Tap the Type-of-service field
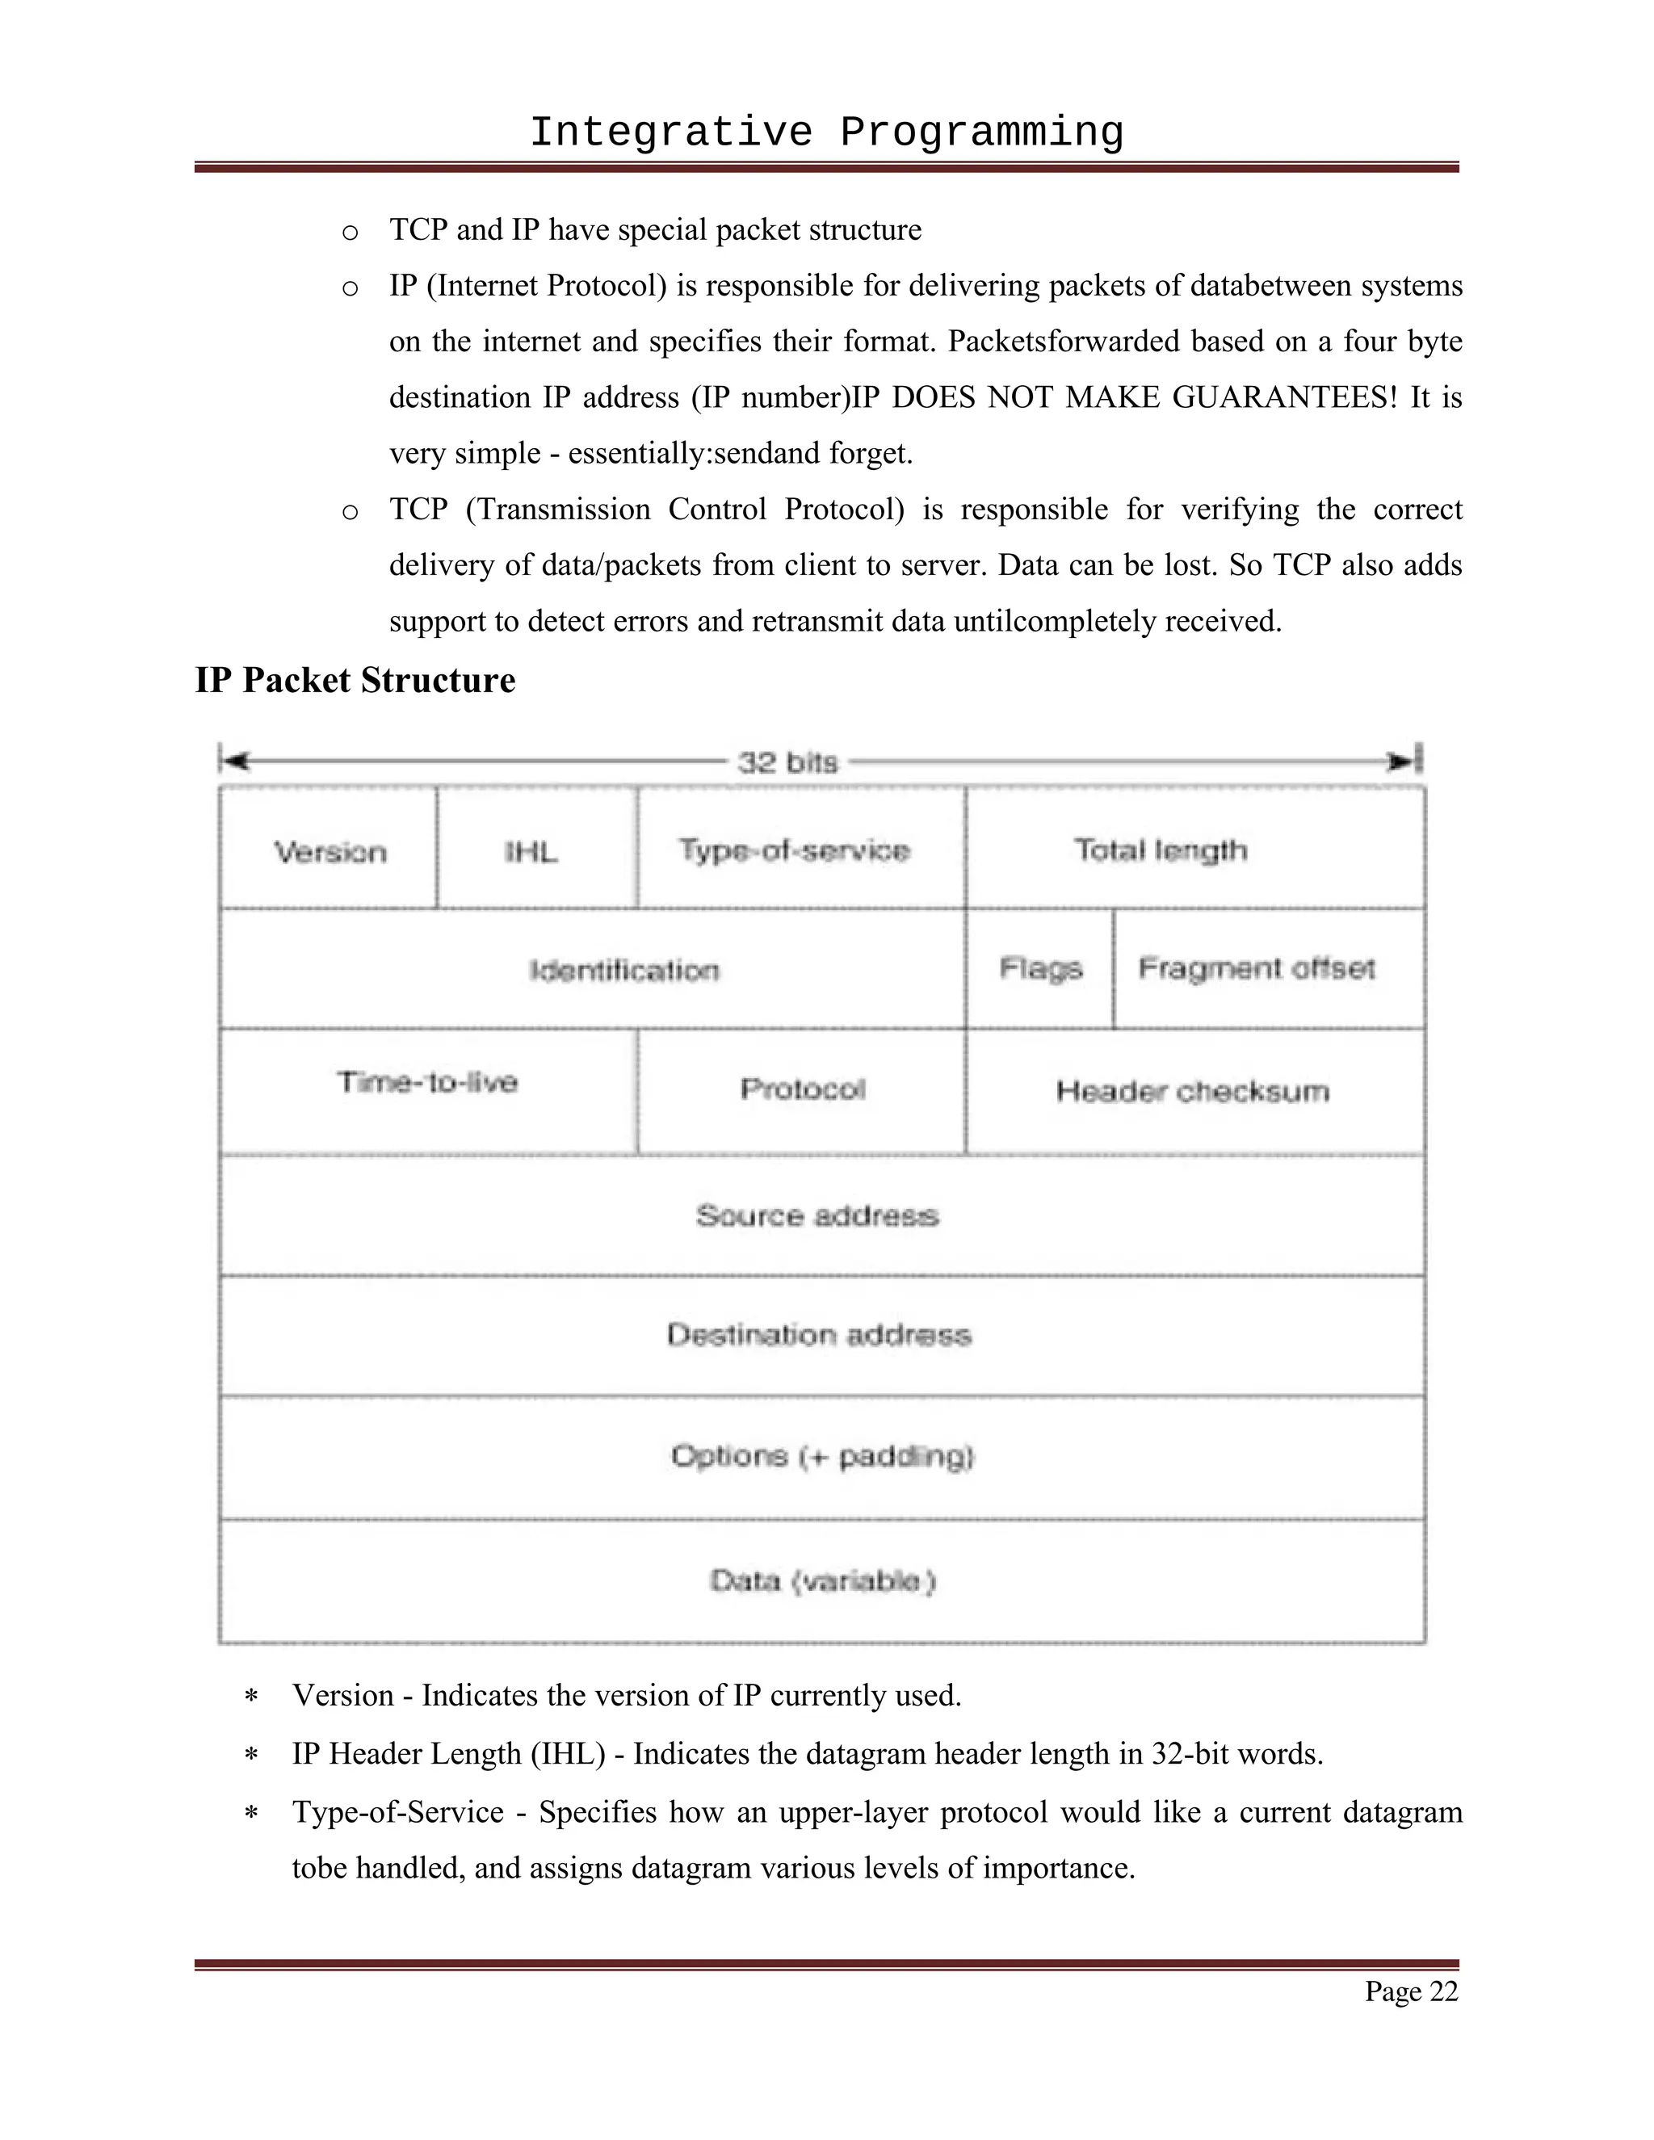pos(795,850)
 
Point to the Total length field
pos(1161,849)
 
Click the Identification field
pos(624,970)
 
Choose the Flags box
pos(1040,968)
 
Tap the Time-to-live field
pos(427,1082)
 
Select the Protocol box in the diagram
pos(803,1089)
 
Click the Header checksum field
pos(1193,1090)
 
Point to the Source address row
pos(817,1215)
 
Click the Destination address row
pos(819,1335)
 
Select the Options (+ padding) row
pos(822,1456)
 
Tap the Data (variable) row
pos(822,1580)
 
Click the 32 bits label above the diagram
pos(787,762)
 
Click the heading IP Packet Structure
pos(355,680)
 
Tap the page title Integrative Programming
pos(826,132)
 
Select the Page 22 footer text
pos(1411,1991)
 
